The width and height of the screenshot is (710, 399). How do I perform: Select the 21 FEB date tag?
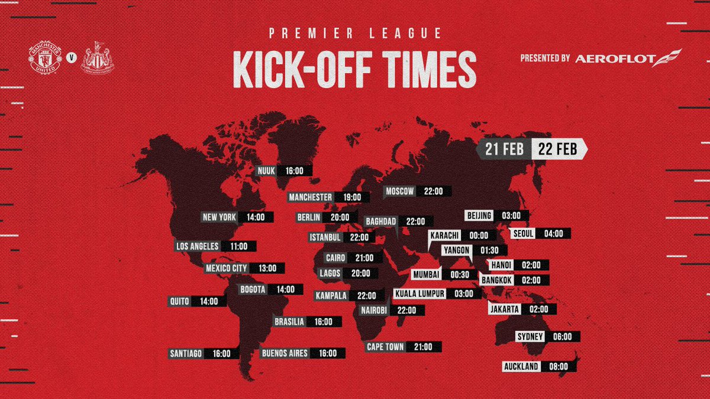pos(504,150)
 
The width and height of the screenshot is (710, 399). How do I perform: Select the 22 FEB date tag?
pos(557,150)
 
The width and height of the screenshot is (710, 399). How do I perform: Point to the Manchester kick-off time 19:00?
pos(352,197)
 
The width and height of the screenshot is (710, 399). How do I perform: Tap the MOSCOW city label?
pos(400,192)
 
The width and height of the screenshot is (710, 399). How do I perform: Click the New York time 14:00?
pos(256,218)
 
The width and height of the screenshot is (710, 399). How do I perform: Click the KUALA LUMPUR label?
pos(419,294)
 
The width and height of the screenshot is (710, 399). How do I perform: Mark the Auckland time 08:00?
pos(558,366)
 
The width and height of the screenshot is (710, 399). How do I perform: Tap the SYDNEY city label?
pos(530,337)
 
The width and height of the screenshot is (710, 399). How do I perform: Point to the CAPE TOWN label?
pos(385,347)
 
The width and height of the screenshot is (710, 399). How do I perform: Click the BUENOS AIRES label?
pos(285,353)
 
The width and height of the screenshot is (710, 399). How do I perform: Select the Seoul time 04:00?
pos(554,233)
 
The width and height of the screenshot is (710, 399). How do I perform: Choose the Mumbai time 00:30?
pos(460,274)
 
